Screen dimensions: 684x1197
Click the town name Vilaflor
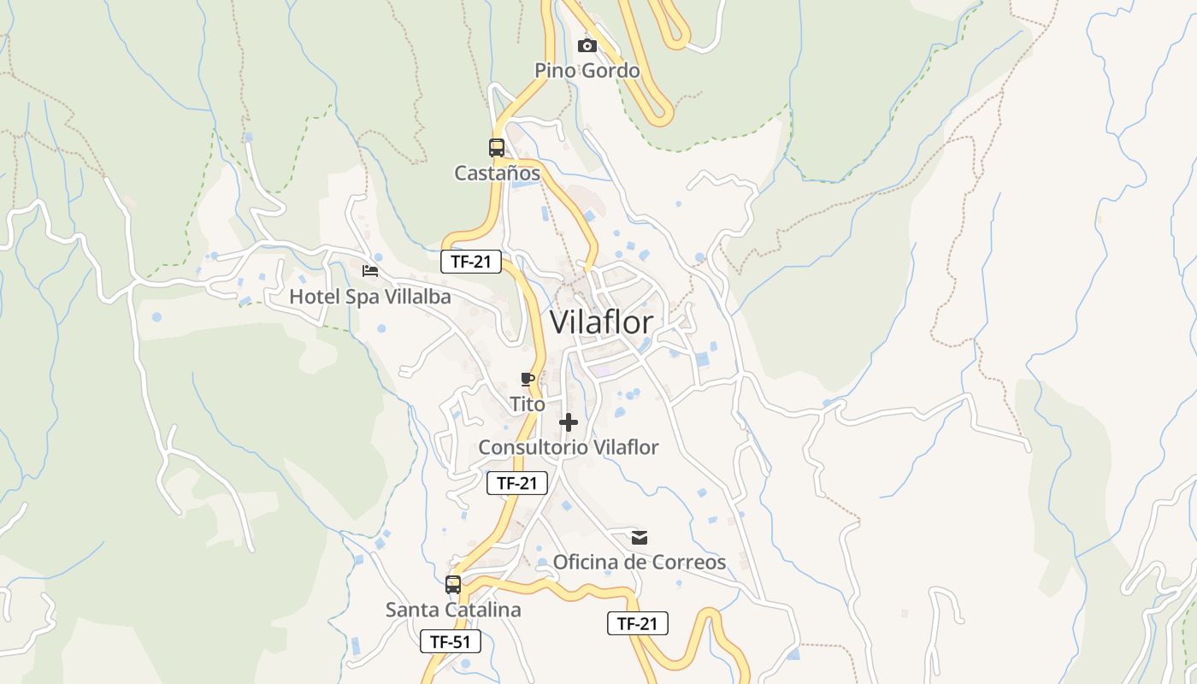[x=601, y=322]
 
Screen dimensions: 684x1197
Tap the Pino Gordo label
[x=587, y=70]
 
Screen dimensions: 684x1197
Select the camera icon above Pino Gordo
[x=587, y=45]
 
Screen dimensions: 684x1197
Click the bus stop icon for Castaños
[x=497, y=147]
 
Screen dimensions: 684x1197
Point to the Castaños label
[x=497, y=174]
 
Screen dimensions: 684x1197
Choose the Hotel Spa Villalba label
[x=370, y=297]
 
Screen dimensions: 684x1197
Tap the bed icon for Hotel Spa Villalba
[x=370, y=271]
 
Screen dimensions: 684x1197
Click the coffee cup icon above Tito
[x=528, y=379]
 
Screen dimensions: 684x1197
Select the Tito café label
[x=528, y=404]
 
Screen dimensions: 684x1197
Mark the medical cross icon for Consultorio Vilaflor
[x=569, y=422]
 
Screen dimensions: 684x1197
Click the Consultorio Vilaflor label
[x=569, y=447]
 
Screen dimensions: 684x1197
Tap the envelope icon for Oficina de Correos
[x=640, y=537]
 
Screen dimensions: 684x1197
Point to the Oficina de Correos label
[x=640, y=562]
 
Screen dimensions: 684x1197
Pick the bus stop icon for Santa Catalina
[x=453, y=585]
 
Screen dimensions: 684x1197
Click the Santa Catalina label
[x=453, y=610]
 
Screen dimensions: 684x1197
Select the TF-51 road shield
[x=451, y=641]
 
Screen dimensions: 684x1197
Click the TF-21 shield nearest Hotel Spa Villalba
[x=471, y=262]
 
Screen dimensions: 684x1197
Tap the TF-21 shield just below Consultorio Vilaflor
[x=517, y=483]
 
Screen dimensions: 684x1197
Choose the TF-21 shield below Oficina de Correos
[x=638, y=623]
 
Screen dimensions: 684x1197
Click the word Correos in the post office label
[x=689, y=562]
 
